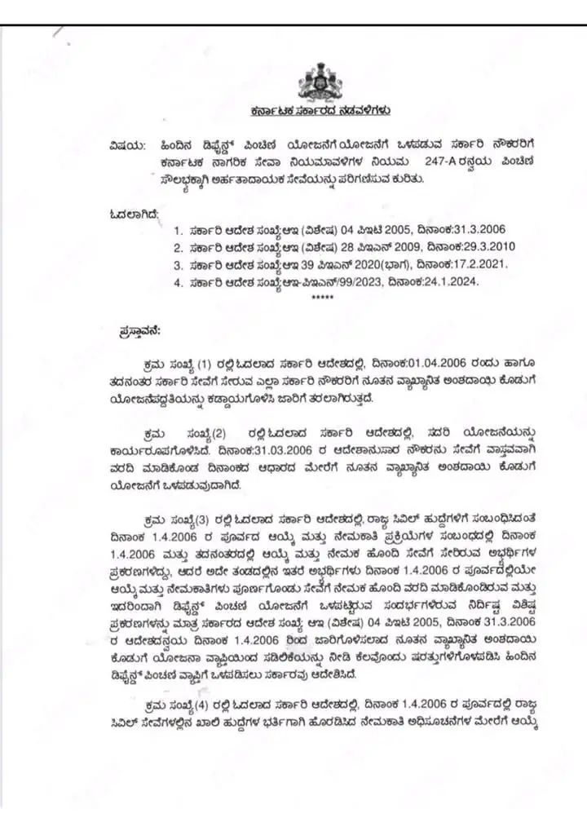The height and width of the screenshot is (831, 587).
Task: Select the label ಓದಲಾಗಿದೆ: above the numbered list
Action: [x=134, y=214]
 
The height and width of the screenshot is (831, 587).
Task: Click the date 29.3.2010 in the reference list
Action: [x=485, y=246]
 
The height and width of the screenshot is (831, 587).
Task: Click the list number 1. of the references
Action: [x=178, y=229]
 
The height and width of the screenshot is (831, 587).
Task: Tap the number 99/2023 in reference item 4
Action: [x=357, y=283]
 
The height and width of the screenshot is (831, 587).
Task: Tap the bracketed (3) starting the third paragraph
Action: [x=207, y=519]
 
